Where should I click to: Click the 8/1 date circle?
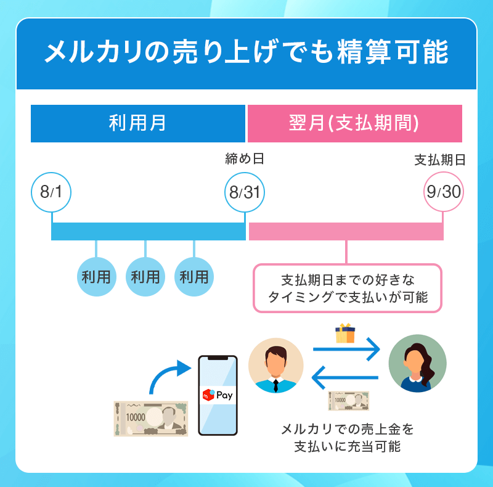pyautogui.click(x=52, y=192)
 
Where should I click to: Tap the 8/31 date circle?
pyautogui.click(x=245, y=192)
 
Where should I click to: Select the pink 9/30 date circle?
pyautogui.click(x=443, y=192)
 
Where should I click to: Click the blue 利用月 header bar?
pyautogui.click(x=138, y=123)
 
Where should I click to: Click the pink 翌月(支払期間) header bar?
pyautogui.click(x=354, y=123)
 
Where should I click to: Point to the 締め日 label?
pyautogui.click(x=245, y=160)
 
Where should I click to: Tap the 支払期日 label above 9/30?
pyautogui.click(x=439, y=160)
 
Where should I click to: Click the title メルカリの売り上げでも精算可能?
pyautogui.click(x=246, y=53)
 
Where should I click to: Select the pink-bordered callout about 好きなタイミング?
pyautogui.click(x=348, y=288)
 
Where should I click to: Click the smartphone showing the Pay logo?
pyautogui.click(x=217, y=395)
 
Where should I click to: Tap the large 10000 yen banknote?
pyautogui.click(x=151, y=419)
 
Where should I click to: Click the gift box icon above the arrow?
pyautogui.click(x=345, y=334)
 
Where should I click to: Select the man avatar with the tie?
pyautogui.click(x=275, y=366)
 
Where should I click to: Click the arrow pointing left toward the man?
pyautogui.click(x=346, y=378)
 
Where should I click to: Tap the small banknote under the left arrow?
pyautogui.click(x=348, y=401)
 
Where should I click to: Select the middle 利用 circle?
pyautogui.click(x=145, y=277)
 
